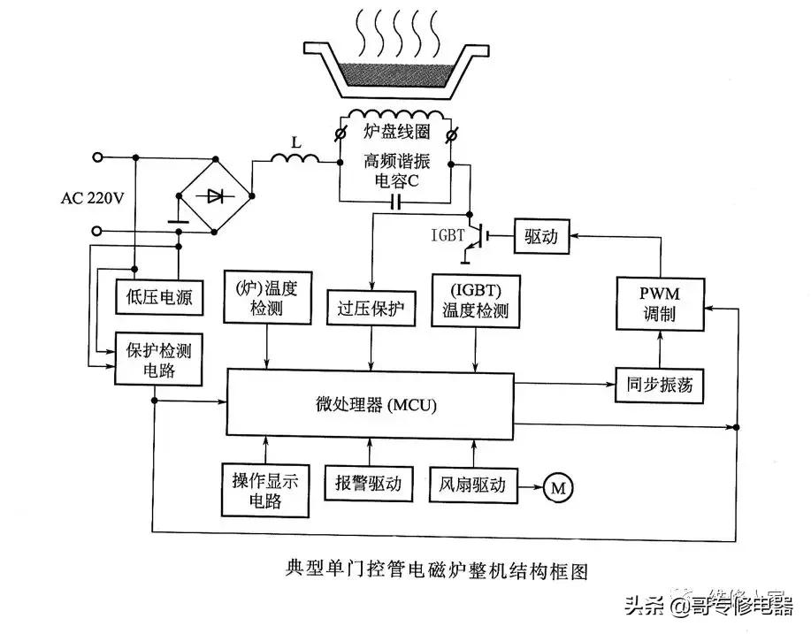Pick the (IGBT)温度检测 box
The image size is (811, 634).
coord(476,299)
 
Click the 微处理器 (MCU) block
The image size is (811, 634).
coord(371,406)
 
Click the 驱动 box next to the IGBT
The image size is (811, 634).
coord(541,236)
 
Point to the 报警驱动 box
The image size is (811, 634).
coord(369,485)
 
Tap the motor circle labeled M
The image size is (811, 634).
coord(557,485)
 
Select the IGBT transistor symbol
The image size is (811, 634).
coord(476,236)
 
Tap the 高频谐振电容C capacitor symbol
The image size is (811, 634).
coord(395,202)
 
